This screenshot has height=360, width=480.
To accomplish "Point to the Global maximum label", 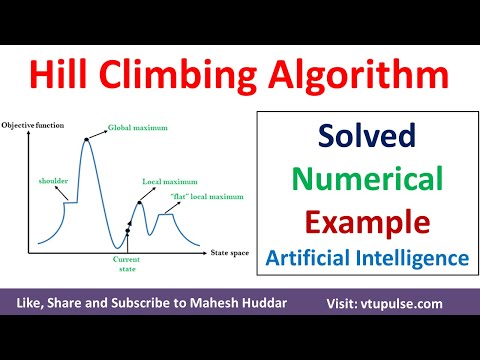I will coord(139,127).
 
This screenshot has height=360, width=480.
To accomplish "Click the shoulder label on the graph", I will coord(53,181).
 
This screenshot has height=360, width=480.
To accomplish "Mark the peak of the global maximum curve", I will coord(87,138).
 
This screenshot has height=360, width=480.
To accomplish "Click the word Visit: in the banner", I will coord(349,301).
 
